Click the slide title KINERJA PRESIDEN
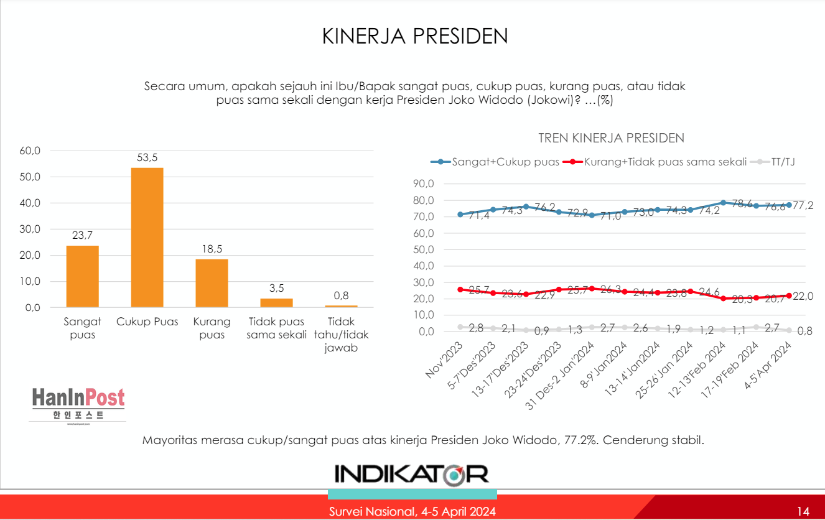click(x=415, y=36)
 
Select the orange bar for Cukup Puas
click(x=147, y=237)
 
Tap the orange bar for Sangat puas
click(x=82, y=276)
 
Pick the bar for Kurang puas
click(x=212, y=283)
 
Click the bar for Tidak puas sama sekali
click(x=276, y=303)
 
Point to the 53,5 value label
click(x=147, y=158)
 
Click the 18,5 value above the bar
click(x=212, y=249)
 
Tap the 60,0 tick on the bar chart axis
click(x=30, y=151)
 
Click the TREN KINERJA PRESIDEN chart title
click(x=611, y=138)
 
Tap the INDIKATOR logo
click(x=411, y=473)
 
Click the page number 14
click(x=803, y=511)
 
